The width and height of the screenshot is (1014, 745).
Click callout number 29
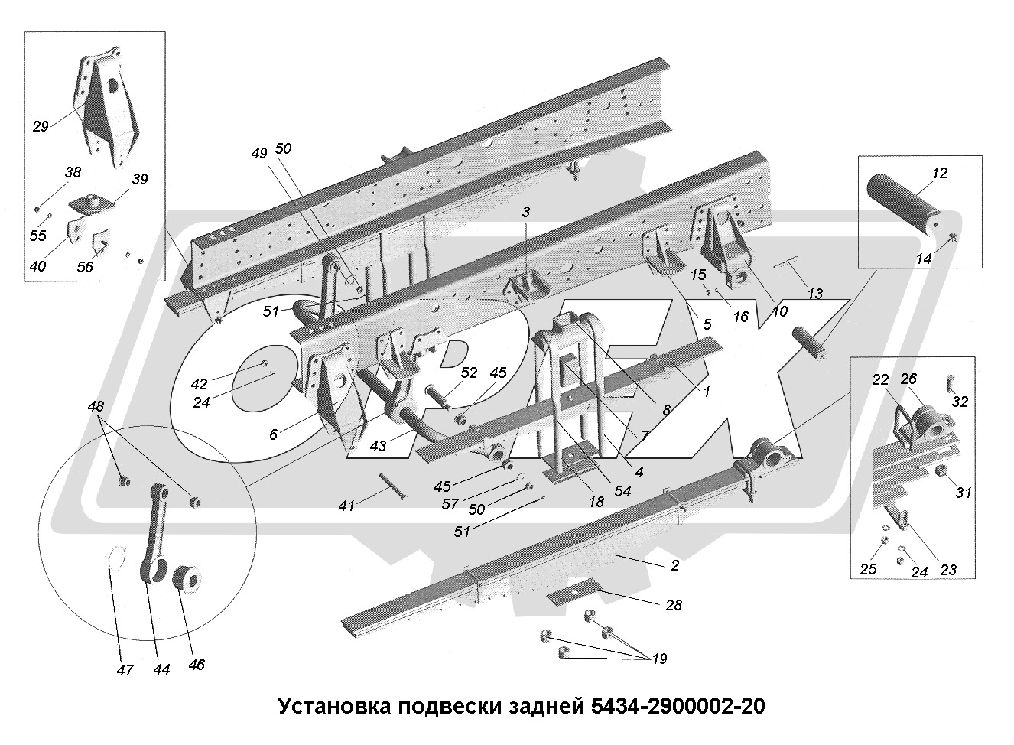[41, 126]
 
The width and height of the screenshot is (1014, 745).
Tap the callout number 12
[940, 174]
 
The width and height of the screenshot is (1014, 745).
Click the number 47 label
[125, 670]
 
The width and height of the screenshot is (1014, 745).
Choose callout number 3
[526, 211]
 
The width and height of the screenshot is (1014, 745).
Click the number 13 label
[814, 294]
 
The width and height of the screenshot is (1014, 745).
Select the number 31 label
[964, 493]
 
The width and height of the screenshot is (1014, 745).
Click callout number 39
[140, 179]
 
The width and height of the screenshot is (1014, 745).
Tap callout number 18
[596, 502]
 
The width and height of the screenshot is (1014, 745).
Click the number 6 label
[273, 434]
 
